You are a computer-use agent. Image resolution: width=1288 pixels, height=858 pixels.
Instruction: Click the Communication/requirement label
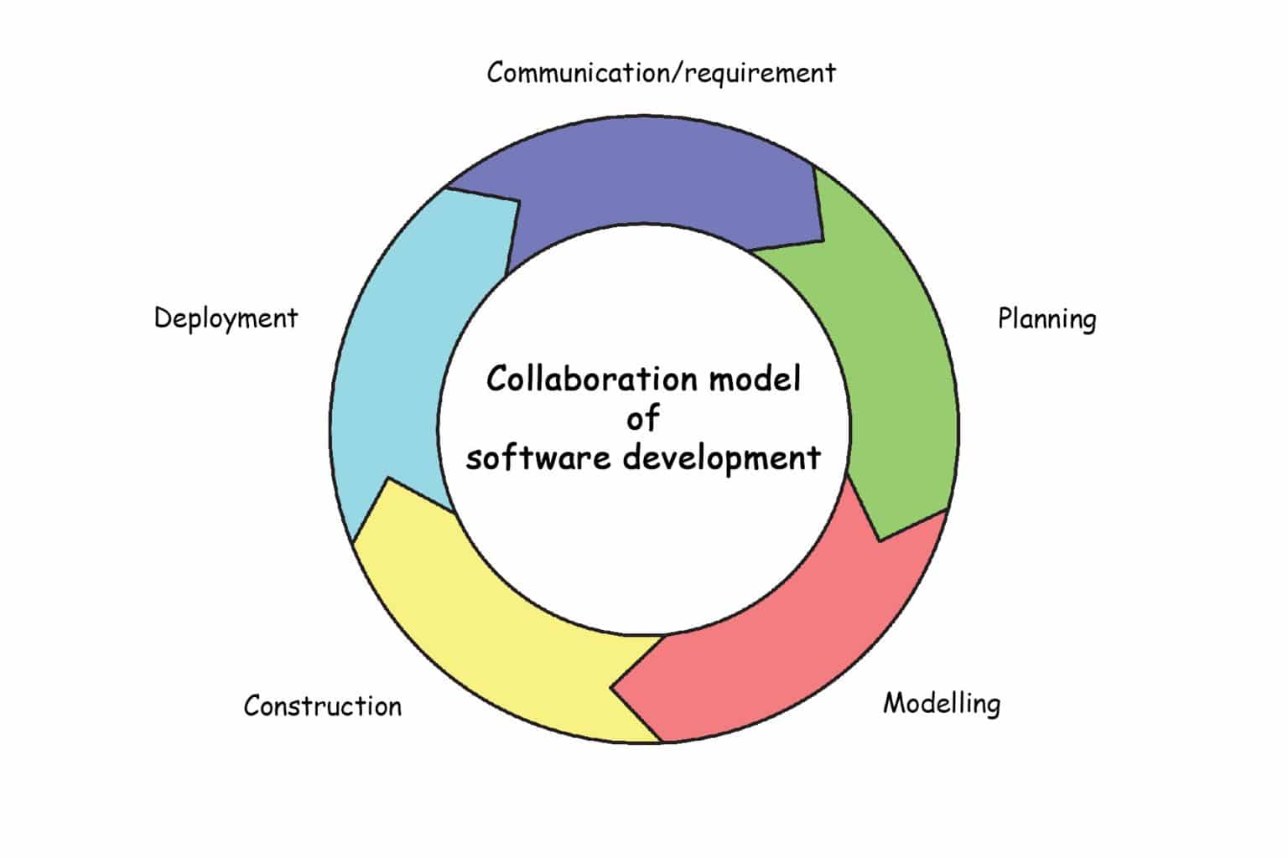coord(661,73)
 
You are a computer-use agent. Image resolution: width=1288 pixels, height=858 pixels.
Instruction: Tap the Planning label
coord(1046,319)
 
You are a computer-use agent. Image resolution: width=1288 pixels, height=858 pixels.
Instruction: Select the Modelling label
coord(942,702)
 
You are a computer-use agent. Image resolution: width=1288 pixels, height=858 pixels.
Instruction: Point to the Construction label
coord(323,706)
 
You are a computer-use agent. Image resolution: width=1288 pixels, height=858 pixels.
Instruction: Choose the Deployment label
coord(226,318)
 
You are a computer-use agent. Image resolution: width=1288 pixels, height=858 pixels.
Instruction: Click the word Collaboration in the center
coord(591,379)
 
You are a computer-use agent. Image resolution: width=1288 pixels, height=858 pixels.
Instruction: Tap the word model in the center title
coord(755,379)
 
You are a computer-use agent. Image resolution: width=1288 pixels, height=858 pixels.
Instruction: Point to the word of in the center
coord(643,418)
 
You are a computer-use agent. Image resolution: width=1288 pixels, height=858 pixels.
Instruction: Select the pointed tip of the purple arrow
coord(823,240)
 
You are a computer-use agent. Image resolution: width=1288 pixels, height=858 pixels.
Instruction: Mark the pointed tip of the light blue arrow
coord(517,200)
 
